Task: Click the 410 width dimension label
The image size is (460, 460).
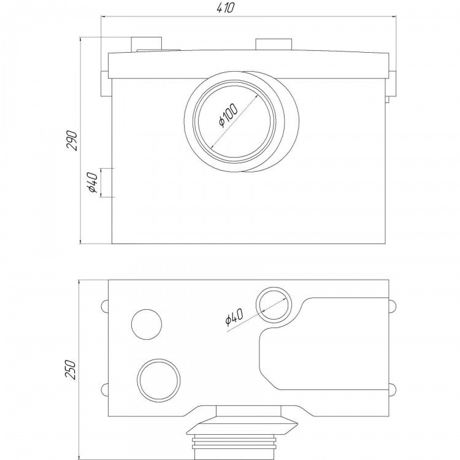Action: click(226, 8)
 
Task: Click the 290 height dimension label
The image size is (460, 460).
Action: click(72, 140)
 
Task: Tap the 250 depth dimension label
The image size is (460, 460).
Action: click(71, 369)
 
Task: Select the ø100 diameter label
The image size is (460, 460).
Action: click(229, 115)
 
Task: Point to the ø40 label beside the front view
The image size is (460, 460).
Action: click(92, 183)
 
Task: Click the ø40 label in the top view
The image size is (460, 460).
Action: click(234, 317)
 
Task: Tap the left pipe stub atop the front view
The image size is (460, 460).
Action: click(147, 44)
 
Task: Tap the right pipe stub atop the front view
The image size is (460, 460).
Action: click(274, 44)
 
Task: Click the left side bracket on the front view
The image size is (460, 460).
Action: click(105, 83)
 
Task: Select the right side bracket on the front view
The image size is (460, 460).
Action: click(393, 83)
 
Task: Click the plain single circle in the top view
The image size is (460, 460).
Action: click(147, 324)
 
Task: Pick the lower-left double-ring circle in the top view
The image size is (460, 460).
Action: click(158, 380)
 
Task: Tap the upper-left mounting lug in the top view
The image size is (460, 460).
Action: click(105, 306)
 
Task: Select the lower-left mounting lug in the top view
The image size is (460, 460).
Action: click(105, 390)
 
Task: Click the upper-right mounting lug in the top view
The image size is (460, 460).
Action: click(393, 306)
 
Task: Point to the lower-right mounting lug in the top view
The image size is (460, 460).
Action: click(393, 390)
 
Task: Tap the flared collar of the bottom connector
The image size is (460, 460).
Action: click(242, 426)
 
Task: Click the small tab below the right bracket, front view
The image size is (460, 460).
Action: click(387, 99)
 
